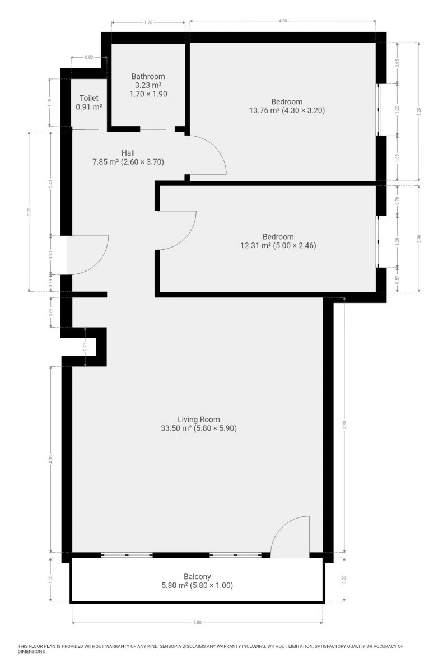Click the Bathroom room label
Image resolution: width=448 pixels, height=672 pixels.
coord(148,77)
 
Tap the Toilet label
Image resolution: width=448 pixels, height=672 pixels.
coord(89,98)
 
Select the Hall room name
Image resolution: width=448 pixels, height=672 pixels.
coord(128,153)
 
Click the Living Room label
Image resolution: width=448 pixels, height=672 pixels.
coord(199,419)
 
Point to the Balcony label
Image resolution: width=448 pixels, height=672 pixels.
coord(197,577)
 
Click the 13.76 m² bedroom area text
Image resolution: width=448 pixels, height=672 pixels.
coord(264,110)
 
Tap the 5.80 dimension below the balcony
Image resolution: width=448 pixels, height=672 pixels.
coord(197,623)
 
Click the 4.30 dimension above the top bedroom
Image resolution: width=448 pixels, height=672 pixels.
coord(283,21)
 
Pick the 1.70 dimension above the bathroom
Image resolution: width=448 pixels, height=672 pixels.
coord(148,22)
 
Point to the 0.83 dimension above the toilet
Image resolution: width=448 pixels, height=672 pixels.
coord(89,57)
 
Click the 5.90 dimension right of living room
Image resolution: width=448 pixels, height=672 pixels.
coord(344,425)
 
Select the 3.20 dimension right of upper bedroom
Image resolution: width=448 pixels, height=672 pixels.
coord(419,111)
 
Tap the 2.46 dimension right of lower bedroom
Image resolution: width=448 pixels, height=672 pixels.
coord(419,239)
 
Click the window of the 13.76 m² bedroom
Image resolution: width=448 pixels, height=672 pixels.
coord(378,110)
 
